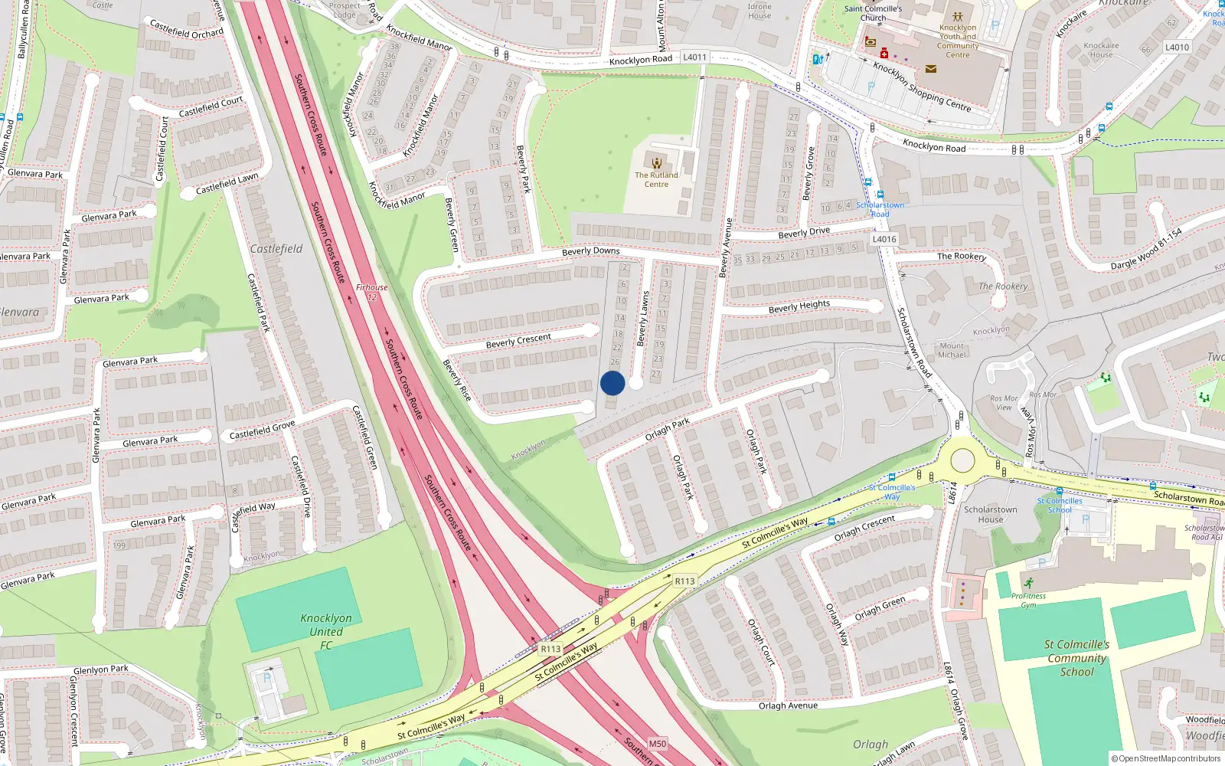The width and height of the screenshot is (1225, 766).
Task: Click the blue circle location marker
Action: point(612,383)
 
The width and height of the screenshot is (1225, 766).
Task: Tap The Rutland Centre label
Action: point(656,179)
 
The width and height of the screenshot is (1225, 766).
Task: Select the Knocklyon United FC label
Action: point(326,632)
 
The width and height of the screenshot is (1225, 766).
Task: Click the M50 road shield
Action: point(657,744)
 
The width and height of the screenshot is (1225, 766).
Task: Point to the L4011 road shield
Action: point(694,57)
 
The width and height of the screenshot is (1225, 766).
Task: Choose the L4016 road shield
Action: point(884,239)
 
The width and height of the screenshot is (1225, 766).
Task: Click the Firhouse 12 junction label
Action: point(372,293)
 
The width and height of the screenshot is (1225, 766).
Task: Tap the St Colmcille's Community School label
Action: point(1076,658)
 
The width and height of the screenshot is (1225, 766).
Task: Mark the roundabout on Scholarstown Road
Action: point(962,461)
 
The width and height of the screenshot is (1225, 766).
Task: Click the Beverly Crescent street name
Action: point(518,341)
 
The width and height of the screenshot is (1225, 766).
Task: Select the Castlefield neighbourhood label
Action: point(276,249)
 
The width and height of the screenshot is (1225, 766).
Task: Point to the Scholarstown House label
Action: point(990,514)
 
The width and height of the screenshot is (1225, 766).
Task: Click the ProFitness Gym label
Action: point(1028,600)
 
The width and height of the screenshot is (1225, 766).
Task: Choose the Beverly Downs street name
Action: point(590,251)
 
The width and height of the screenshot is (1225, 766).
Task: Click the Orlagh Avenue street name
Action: point(788,705)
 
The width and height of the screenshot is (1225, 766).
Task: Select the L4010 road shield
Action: point(1177,47)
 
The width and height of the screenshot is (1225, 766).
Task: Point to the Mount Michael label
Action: point(952,350)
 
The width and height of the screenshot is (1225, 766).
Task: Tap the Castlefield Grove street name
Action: point(262,430)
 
